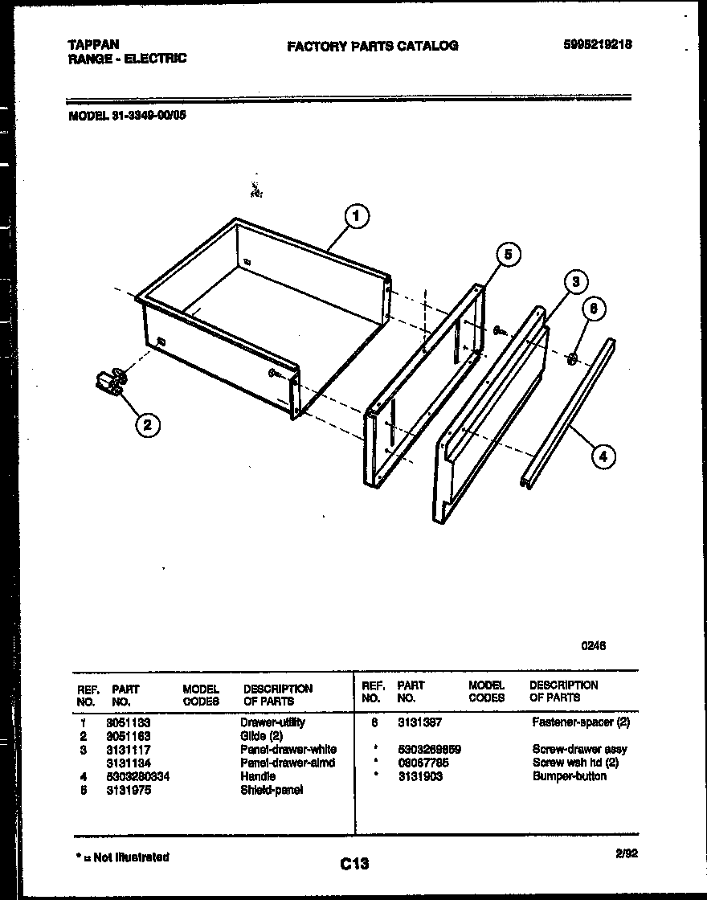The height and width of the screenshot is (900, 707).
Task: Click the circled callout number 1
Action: [x=357, y=216]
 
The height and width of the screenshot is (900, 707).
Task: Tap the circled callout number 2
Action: [x=145, y=426]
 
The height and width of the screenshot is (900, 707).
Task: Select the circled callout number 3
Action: [x=574, y=282]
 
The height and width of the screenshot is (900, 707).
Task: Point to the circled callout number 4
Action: [x=603, y=456]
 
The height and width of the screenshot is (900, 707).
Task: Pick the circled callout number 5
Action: [x=507, y=255]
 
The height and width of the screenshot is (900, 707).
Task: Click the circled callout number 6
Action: [x=593, y=309]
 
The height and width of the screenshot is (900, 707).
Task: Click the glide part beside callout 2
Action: [x=110, y=381]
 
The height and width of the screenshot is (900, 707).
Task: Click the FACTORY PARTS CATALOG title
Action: [x=373, y=46]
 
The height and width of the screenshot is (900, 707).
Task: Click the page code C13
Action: [x=353, y=864]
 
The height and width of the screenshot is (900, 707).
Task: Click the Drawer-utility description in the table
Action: [x=272, y=722]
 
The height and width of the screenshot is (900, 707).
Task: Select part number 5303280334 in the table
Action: [x=138, y=776]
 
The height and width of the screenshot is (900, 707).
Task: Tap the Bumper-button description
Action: [x=569, y=776]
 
